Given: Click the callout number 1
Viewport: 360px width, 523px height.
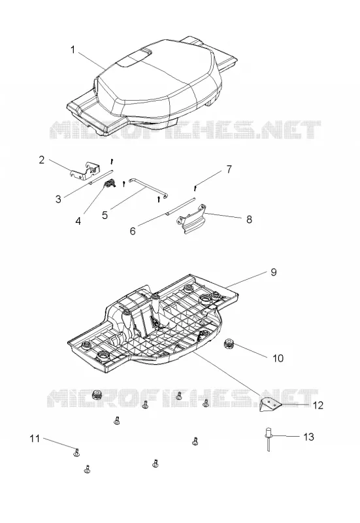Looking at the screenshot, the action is pos(73,50).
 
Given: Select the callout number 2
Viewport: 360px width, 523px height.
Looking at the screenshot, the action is pos(42,160).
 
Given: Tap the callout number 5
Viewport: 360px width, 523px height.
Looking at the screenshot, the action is pos(105,215).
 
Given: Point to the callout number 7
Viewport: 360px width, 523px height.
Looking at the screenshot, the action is pos(229,169).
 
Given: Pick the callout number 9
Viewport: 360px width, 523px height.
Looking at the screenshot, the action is pos(273,272).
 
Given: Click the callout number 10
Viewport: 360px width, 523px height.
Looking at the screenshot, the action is pos(278,358).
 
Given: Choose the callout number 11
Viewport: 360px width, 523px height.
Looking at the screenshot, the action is pos(35,438).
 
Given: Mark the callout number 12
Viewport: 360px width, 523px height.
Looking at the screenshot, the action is pos(318,405).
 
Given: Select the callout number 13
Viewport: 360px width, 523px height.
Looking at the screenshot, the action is pos(308,437).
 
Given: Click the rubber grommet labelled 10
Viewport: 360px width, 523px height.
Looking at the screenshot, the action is pos(229,344).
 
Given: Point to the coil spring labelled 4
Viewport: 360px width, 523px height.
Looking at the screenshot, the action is pos(110,184).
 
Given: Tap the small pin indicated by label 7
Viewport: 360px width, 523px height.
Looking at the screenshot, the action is pos(195,188).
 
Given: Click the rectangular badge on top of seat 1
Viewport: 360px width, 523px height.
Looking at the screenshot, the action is pos(134,58).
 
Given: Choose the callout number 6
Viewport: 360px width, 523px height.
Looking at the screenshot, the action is pos(133,231).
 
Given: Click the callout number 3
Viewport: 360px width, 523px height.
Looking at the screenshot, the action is pos(58,199).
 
